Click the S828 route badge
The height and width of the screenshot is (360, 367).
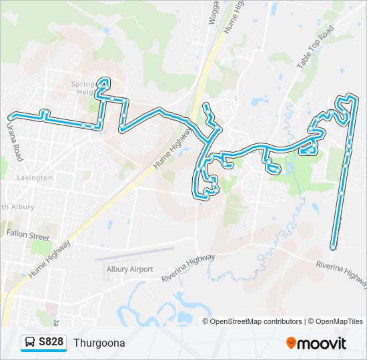coord(44,343)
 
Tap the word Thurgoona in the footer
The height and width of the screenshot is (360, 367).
coord(99,343)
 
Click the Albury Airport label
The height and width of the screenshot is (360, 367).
coord(129,269)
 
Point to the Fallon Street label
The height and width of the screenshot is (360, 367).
coord(28,236)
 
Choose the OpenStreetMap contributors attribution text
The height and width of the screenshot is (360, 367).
coord(256,321)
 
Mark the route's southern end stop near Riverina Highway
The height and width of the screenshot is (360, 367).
coord(333,247)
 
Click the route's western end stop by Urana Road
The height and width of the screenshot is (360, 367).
coord(9,114)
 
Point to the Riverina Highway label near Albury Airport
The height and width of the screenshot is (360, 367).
coord(189,267)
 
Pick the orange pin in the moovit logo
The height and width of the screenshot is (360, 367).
coord(291,343)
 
